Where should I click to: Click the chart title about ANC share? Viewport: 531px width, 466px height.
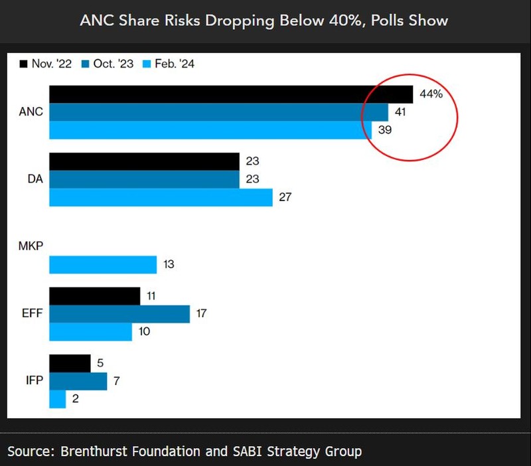coord(264,21)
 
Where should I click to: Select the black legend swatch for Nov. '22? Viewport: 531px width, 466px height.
coord(23,64)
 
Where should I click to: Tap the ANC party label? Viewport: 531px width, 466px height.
coord(31,112)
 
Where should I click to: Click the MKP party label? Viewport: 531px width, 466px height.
coord(31,247)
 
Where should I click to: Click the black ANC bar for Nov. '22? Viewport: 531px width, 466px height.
coord(230,94)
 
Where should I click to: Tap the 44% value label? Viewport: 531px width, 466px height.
coord(430,94)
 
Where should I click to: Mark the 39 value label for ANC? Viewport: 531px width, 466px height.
coord(385,130)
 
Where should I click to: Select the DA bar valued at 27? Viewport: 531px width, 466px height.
coord(161,197)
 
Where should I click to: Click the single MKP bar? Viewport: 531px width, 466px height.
coord(103,264)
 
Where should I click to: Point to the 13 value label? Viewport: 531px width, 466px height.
coord(169,264)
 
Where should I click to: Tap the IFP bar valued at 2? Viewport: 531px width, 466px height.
coord(57,399)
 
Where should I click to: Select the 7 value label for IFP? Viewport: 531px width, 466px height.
coord(117,381)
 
